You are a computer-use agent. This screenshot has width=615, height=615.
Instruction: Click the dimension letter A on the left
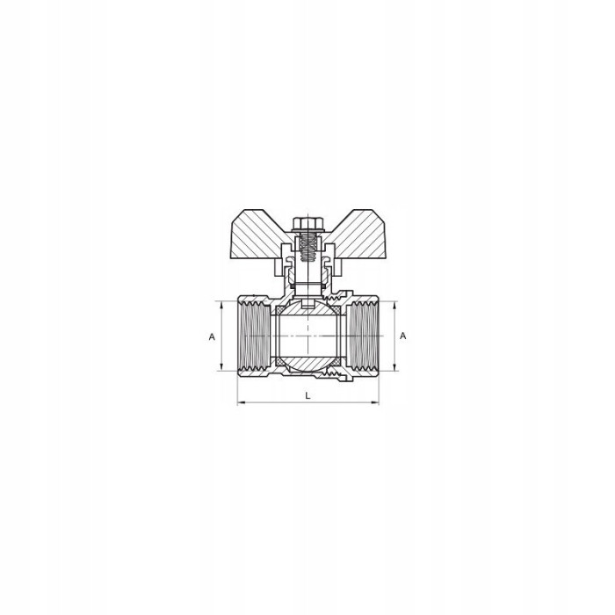(x=212, y=336)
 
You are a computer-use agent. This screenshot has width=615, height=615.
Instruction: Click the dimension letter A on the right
(x=402, y=336)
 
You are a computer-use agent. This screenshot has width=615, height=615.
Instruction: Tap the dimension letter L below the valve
(x=307, y=395)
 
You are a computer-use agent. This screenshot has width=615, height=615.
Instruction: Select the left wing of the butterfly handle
(x=260, y=234)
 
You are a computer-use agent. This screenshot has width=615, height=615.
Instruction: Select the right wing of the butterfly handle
(x=356, y=234)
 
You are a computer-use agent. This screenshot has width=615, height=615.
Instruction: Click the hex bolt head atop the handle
(x=307, y=223)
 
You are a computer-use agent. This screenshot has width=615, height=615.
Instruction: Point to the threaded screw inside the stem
(x=307, y=249)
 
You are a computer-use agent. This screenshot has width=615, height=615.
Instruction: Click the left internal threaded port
(x=254, y=336)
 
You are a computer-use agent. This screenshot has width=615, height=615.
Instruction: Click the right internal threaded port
(x=363, y=336)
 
